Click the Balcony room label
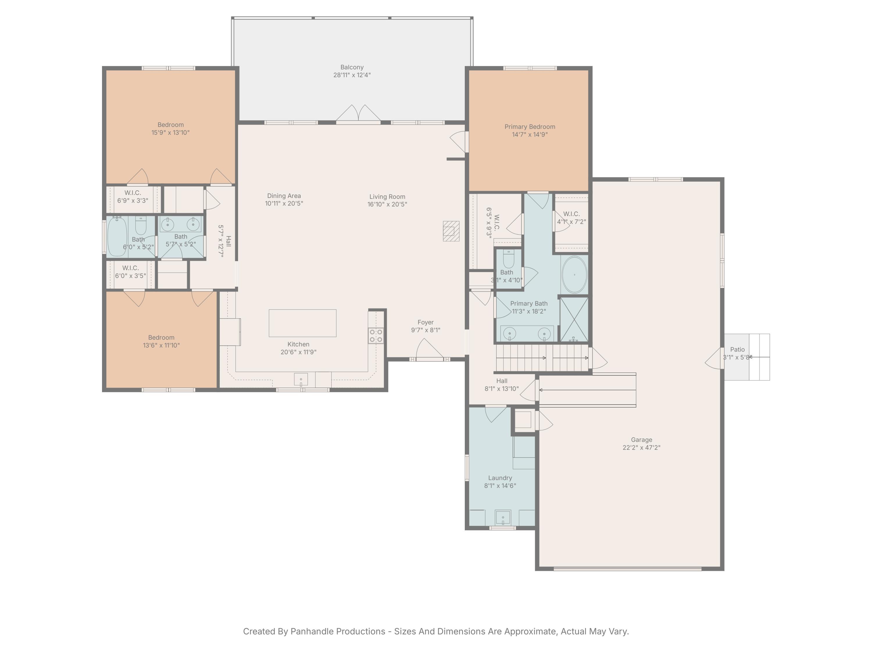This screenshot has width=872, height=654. tap(352, 67)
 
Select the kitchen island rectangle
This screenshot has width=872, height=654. tap(302, 323)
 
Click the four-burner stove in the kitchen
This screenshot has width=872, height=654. tap(376, 335)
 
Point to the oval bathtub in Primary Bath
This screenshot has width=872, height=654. tap(574, 275)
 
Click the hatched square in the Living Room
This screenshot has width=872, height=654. tap(451, 231)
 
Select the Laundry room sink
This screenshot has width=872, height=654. tap(503, 517)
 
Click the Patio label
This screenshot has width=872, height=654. tap(737, 349)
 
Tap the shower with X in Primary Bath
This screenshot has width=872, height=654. tap(574, 319)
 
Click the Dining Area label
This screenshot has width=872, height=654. tap(284, 196)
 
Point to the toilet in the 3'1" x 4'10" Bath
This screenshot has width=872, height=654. tap(509, 259)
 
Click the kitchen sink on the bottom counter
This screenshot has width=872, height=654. tap(301, 379)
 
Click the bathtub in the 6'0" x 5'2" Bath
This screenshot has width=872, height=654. tap(117, 237)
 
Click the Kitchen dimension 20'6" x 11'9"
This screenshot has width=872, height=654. tap(299, 352)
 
